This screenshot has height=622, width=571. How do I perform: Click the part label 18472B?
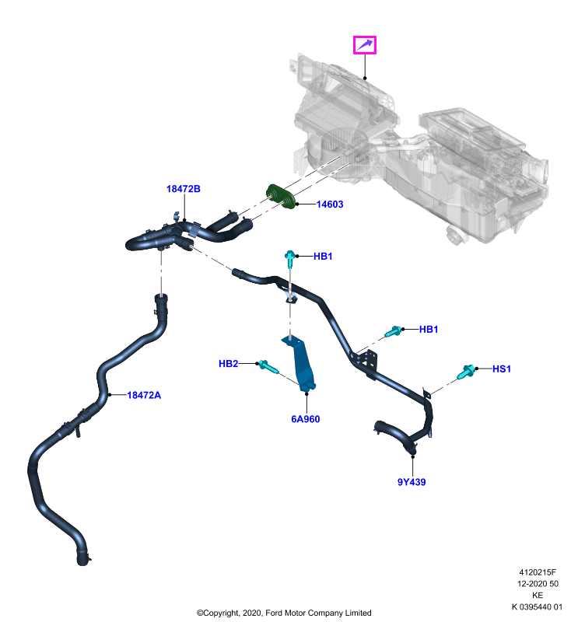tap(184, 189)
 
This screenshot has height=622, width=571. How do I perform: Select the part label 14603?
tap(330, 204)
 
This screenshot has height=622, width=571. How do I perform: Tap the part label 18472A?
tap(144, 395)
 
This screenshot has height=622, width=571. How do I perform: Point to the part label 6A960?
tap(306, 419)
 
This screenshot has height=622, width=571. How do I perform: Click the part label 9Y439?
tap(412, 482)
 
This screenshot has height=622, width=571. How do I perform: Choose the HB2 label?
tap(228, 364)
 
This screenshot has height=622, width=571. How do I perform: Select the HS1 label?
tap(502, 369)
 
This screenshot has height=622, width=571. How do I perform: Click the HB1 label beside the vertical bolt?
tap(323, 257)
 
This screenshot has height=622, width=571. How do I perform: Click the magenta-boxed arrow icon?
tap(365, 45)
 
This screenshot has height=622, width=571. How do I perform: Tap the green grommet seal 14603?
tap(281, 197)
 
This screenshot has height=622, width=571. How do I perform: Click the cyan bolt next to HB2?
tap(268, 367)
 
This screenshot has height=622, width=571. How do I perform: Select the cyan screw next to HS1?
tap(465, 372)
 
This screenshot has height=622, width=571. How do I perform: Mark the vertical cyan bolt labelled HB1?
tap(290, 259)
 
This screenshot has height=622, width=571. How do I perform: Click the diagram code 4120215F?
tap(538, 572)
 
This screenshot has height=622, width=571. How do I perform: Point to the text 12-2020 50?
tap(538, 584)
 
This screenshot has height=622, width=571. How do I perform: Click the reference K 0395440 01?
tap(538, 607)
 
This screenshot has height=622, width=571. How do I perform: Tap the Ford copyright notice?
tap(284, 613)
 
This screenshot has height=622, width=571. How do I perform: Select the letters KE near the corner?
tap(538, 596)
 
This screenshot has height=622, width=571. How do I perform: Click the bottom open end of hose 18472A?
tap(82, 561)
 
